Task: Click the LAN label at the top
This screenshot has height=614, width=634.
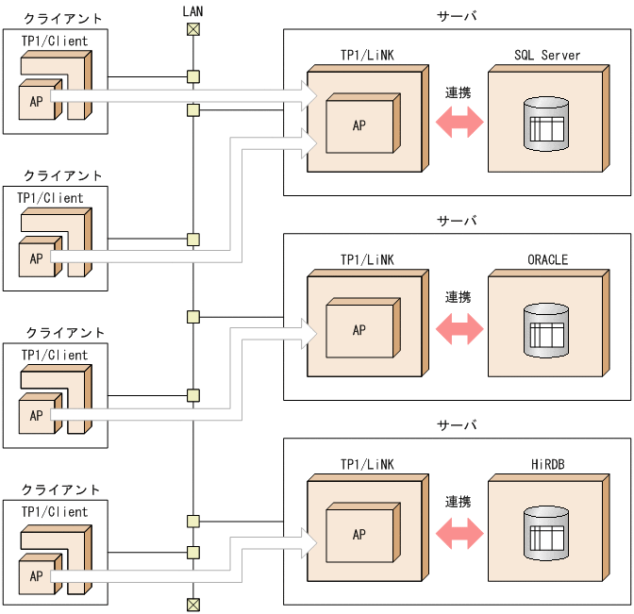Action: pyautogui.click(x=192, y=10)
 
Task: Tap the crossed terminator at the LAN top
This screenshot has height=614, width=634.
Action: pyautogui.click(x=192, y=29)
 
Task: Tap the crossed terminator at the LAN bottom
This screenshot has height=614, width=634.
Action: pyautogui.click(x=192, y=604)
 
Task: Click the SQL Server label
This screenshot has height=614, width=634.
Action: pyautogui.click(x=547, y=56)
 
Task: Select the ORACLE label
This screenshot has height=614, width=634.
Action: pyautogui.click(x=547, y=260)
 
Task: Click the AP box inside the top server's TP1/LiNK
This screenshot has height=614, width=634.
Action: pyautogui.click(x=359, y=124)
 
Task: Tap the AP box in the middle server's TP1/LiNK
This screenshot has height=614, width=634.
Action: pyautogui.click(x=359, y=330)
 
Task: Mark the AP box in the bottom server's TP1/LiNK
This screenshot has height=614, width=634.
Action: pyautogui.click(x=359, y=534)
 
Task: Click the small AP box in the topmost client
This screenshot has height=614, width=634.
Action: pyautogui.click(x=36, y=101)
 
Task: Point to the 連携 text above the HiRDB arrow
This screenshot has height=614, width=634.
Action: pyautogui.click(x=459, y=502)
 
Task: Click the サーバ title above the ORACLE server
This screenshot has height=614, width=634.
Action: pyautogui.click(x=458, y=222)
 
